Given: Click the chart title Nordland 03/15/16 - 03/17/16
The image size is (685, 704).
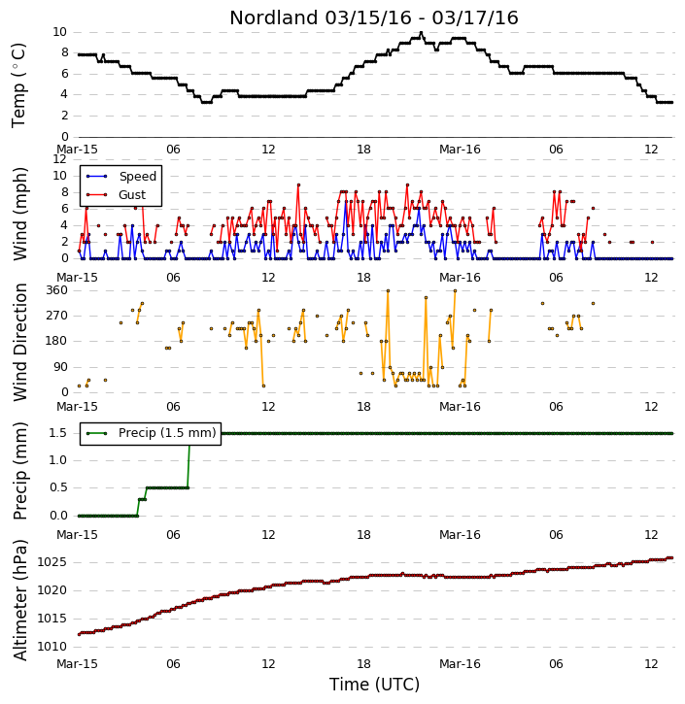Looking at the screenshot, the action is pos(374,17).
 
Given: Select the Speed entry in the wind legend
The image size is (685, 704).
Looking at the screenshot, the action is pos(137,177).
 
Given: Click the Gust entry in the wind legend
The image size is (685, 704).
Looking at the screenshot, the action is pos(132,195).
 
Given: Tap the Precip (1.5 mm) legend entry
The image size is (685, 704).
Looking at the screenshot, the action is pos(167,433).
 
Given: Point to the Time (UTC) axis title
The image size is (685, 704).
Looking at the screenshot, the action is pos(374,685).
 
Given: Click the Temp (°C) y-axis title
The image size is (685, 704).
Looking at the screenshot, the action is pos(18,85).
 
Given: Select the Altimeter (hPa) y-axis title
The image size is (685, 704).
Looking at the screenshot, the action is pos(19,600).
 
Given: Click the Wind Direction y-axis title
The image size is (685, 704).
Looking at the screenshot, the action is pos(19,342).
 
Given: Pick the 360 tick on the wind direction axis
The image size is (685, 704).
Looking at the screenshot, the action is pos(57,290).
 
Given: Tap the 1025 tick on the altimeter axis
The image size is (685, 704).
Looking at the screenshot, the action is pos(52,562).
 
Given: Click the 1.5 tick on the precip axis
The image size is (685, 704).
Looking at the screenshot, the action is pos(58,433).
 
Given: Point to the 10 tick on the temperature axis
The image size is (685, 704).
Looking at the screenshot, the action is pos(59,32).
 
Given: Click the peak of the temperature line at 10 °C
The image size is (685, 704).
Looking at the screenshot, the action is pos(421,33).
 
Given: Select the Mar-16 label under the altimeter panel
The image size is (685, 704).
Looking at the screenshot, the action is pos(460,663).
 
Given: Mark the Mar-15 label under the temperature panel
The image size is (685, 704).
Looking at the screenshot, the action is pos(77,150).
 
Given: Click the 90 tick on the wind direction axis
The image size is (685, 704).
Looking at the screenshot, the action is pos(60,367).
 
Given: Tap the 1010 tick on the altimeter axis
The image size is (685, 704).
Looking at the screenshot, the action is pos(52,647).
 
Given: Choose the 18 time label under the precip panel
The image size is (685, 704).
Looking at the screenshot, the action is pos(363,535).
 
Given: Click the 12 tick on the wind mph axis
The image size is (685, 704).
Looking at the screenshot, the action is pos(59,159).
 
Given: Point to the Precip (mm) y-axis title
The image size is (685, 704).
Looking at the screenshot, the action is pos(19,471).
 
